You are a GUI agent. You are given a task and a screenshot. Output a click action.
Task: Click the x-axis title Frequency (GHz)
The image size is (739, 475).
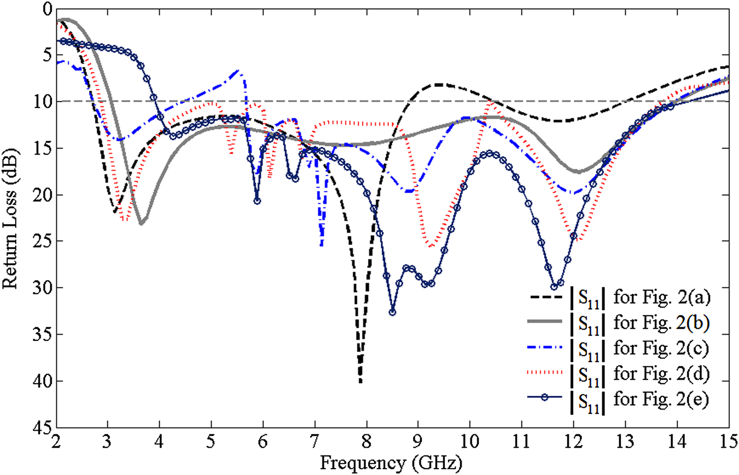pyautogui.click(x=391, y=463)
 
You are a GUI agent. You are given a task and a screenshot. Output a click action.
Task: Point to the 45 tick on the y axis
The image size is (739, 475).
pyautogui.click(x=42, y=427)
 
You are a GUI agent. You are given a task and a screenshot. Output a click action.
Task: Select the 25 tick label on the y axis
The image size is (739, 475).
pyautogui.click(x=42, y=241)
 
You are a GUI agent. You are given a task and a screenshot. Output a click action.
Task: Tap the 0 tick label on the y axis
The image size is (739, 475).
pyautogui.click(x=46, y=9)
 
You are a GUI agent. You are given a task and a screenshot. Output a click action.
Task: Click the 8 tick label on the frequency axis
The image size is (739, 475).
pyautogui.click(x=367, y=441)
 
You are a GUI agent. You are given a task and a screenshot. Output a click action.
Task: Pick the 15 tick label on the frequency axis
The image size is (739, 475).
pyautogui.click(x=728, y=441)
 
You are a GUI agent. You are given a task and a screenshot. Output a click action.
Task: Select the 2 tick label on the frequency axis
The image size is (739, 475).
pyautogui.click(x=56, y=441)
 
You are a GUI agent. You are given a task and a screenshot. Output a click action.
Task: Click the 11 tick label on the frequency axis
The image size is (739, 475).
pyautogui.click(x=521, y=441)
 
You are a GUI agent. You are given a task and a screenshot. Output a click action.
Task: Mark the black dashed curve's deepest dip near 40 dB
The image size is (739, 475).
pyautogui.click(x=360, y=381)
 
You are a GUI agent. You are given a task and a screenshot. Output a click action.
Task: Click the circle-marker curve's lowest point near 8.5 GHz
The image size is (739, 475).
pyautogui.click(x=392, y=312)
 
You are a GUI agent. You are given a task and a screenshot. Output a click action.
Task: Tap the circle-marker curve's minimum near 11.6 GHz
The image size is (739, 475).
pyautogui.click(x=554, y=287)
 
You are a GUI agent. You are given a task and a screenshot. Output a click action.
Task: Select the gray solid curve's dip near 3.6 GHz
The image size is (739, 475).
pyautogui.click(x=141, y=224)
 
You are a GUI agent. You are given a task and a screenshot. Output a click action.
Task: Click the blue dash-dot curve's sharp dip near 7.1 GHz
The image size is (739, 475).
pyautogui.click(x=321, y=244)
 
